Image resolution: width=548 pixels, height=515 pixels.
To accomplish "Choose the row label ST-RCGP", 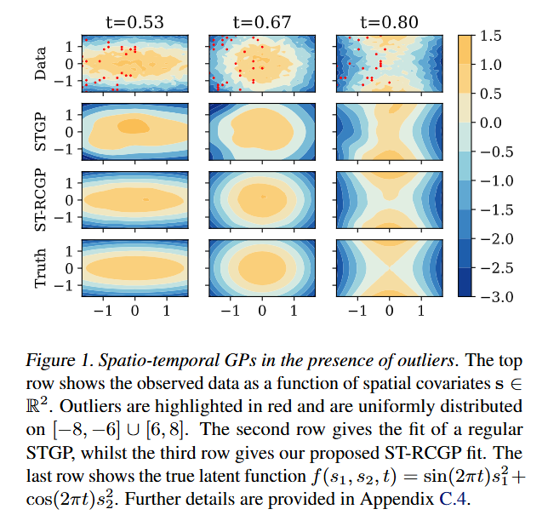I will (x=40, y=200).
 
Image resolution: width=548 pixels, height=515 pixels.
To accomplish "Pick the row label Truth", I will (x=40, y=267).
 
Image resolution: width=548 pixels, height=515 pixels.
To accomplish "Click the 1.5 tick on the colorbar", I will (x=490, y=36).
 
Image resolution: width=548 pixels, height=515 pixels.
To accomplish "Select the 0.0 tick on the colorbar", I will (x=490, y=123).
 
